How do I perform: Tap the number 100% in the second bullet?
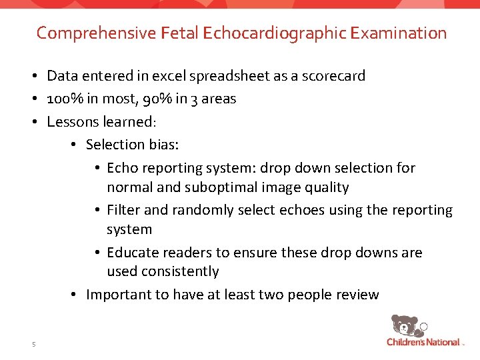coord(65,99)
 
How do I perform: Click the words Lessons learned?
coord(101,122)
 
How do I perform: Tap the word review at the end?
coord(357,295)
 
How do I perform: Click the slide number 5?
coord(33,344)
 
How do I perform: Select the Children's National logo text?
coord(423,342)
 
